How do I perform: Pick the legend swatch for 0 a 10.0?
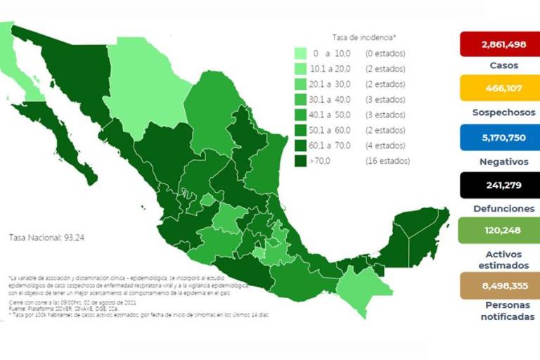(x=300, y=53)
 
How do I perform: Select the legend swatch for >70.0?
(x=300, y=160)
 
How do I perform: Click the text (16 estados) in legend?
(x=387, y=161)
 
